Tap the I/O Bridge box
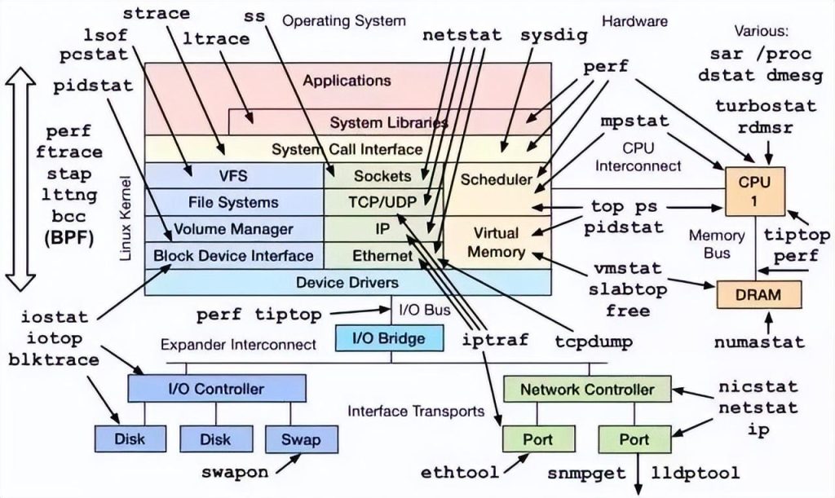pos(380,337)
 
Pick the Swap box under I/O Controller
pos(300,439)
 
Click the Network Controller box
pos(587,389)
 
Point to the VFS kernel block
pos(233,175)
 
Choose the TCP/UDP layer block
pos(383,201)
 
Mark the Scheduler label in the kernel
pos(496,178)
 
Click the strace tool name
pos(156,14)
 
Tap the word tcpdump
pos(594,342)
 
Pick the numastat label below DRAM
pos(759,342)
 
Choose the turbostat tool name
pos(765,107)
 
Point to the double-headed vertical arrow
pos(20,179)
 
